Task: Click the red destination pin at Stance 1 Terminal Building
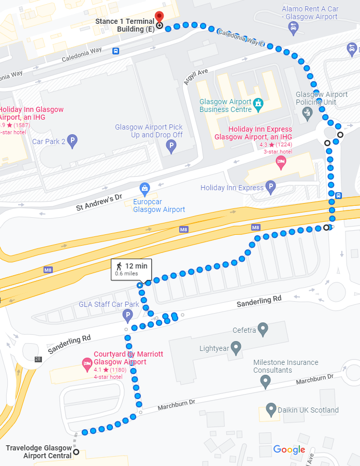[x=160, y=16]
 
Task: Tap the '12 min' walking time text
[x=136, y=265]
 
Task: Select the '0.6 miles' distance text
[x=126, y=273]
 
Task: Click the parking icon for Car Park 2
[x=73, y=140]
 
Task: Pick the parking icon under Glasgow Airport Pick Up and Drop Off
[x=171, y=148]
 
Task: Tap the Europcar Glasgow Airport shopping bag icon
[x=145, y=187]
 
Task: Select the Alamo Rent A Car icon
[x=294, y=27]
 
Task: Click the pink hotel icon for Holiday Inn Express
[x=281, y=162]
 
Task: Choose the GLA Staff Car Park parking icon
[x=127, y=315]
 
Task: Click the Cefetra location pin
[x=263, y=329]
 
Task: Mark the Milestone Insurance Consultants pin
[x=266, y=383]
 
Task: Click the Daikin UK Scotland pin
[x=270, y=410]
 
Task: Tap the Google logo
[x=289, y=450]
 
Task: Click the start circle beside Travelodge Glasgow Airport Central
[x=76, y=452]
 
